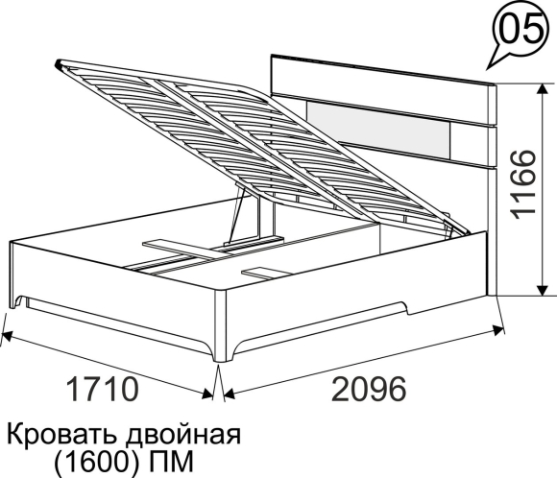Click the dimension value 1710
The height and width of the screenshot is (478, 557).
102,389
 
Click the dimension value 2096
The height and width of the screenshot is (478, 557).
369,389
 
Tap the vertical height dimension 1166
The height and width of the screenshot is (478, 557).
522,185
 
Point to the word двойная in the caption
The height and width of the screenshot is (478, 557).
183,435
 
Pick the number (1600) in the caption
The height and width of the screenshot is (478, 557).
96,462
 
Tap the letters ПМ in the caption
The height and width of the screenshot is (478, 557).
171,461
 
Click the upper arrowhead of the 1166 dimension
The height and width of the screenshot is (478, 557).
542,90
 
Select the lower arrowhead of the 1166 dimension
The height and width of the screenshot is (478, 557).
542,289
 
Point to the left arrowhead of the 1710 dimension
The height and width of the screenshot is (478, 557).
7,335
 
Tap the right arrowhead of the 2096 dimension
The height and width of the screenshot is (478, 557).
498,329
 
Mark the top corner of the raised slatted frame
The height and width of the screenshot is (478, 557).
57,64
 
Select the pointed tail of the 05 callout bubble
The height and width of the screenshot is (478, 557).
488,68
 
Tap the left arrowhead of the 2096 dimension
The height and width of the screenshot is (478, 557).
230,394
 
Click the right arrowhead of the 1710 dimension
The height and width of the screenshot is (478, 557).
207,394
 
